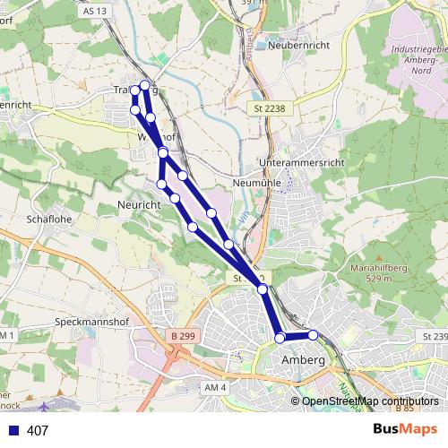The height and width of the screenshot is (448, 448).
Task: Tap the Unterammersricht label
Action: [301, 162]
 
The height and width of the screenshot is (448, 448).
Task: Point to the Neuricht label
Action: [139, 205]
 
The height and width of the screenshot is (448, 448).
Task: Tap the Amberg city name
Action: [301, 359]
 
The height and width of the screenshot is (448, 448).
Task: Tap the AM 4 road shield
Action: [217, 386]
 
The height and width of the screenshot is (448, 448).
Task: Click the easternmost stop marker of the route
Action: [313, 334]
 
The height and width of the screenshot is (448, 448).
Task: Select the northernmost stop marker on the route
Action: [144, 85]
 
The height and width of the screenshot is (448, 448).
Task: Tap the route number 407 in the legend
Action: [38, 431]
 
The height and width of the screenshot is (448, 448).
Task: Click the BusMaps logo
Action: [406, 430]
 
